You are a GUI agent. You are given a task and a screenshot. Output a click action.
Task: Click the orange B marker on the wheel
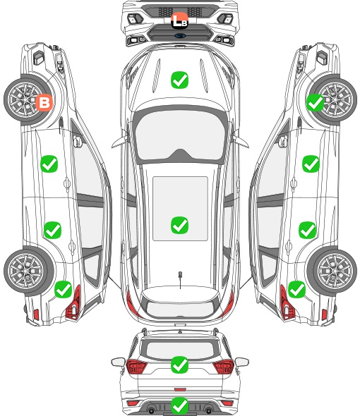click(44, 102)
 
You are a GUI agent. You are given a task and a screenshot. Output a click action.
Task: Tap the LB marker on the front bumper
click(179, 20)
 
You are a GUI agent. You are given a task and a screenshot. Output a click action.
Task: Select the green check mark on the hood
click(179, 80)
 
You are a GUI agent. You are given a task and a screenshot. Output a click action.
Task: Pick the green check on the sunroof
click(179, 225)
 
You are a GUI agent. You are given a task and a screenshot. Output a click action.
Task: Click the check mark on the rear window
click(179, 365)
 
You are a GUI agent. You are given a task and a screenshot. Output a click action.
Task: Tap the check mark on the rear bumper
click(179, 405)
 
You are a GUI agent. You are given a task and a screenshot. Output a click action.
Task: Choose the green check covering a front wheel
click(316, 102)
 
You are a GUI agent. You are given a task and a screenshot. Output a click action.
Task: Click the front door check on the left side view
click(49, 164)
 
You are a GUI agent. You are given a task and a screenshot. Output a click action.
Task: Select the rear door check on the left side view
click(53, 230)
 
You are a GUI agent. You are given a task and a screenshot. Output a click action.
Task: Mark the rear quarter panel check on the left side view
click(64, 289)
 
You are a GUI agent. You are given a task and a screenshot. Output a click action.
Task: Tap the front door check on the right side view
click(311, 164)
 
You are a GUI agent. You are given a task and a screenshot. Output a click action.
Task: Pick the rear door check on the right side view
click(307, 230)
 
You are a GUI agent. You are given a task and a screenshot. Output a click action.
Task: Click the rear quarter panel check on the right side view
click(296, 289)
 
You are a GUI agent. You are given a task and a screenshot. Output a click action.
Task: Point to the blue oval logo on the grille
click(180, 36)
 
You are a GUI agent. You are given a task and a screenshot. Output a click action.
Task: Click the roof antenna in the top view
click(180, 276)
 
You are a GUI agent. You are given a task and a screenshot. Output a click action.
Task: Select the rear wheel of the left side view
click(29, 271)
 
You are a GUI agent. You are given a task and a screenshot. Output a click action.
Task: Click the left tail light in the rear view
click(136, 367)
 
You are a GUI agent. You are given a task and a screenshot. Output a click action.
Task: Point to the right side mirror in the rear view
click(242, 362)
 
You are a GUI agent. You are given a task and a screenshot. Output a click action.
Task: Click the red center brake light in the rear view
click(180, 389)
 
